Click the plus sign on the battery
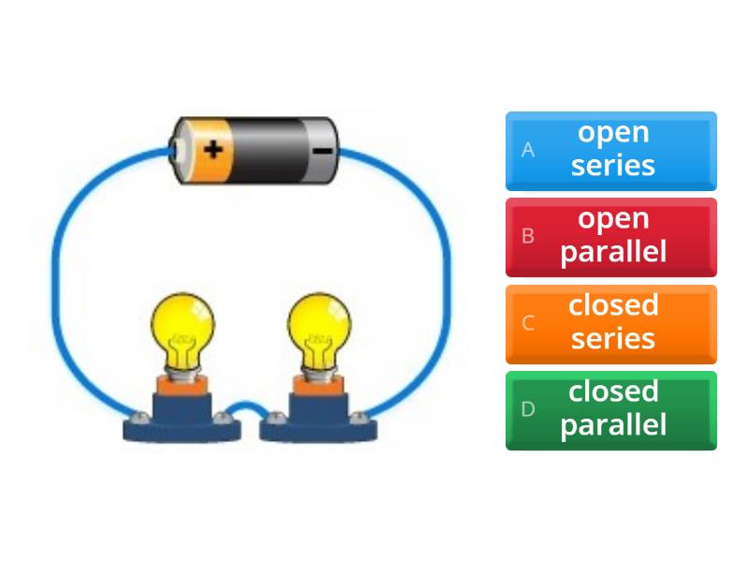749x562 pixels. point(214,148)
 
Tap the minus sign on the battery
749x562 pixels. point(321,150)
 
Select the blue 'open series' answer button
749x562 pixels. point(611,150)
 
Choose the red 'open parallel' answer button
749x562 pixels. point(611,236)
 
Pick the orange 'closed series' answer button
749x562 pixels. point(611,323)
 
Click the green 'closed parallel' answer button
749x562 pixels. point(611,409)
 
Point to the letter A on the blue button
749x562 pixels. point(528,150)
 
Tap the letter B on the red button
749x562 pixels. point(528,236)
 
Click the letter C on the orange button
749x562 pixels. point(528,323)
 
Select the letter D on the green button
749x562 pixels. point(528,409)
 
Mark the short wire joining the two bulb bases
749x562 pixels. point(249,408)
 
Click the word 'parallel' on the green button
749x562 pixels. point(613,424)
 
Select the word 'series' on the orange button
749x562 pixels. point(613,338)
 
